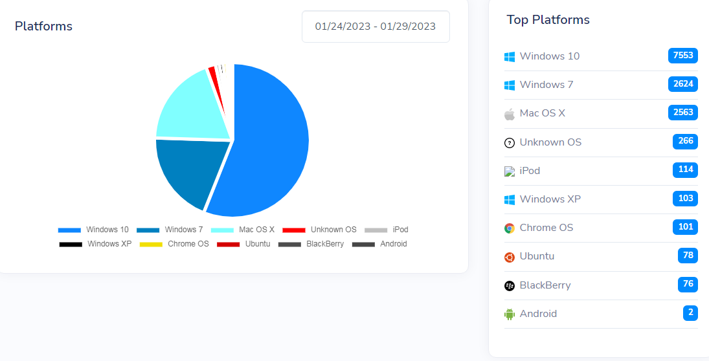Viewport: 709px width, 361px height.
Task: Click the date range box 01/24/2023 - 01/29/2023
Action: pos(376,27)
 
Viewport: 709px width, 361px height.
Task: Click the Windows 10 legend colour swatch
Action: pos(69,230)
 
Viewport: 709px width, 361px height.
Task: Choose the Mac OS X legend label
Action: pos(256,230)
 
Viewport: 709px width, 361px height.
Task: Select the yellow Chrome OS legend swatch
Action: pos(151,244)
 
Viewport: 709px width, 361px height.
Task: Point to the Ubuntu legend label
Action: pos(257,244)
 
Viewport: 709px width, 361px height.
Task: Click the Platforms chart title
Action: pos(43,27)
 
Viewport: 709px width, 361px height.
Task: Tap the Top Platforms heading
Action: pos(548,20)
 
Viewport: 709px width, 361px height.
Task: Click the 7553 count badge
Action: pos(683,56)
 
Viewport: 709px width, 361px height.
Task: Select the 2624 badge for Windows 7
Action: pos(683,84)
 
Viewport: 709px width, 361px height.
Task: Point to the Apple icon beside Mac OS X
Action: pos(510,114)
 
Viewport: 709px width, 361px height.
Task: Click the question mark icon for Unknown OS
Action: pos(510,142)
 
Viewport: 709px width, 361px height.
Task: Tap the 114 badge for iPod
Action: pos(685,170)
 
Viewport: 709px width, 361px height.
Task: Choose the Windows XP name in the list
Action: pos(550,199)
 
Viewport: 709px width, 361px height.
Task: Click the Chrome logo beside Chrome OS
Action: pos(510,228)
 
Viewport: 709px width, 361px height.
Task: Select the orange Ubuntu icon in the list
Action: pos(510,257)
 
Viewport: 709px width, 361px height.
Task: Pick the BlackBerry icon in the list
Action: pos(510,285)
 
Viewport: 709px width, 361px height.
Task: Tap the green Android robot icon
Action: pos(510,314)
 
